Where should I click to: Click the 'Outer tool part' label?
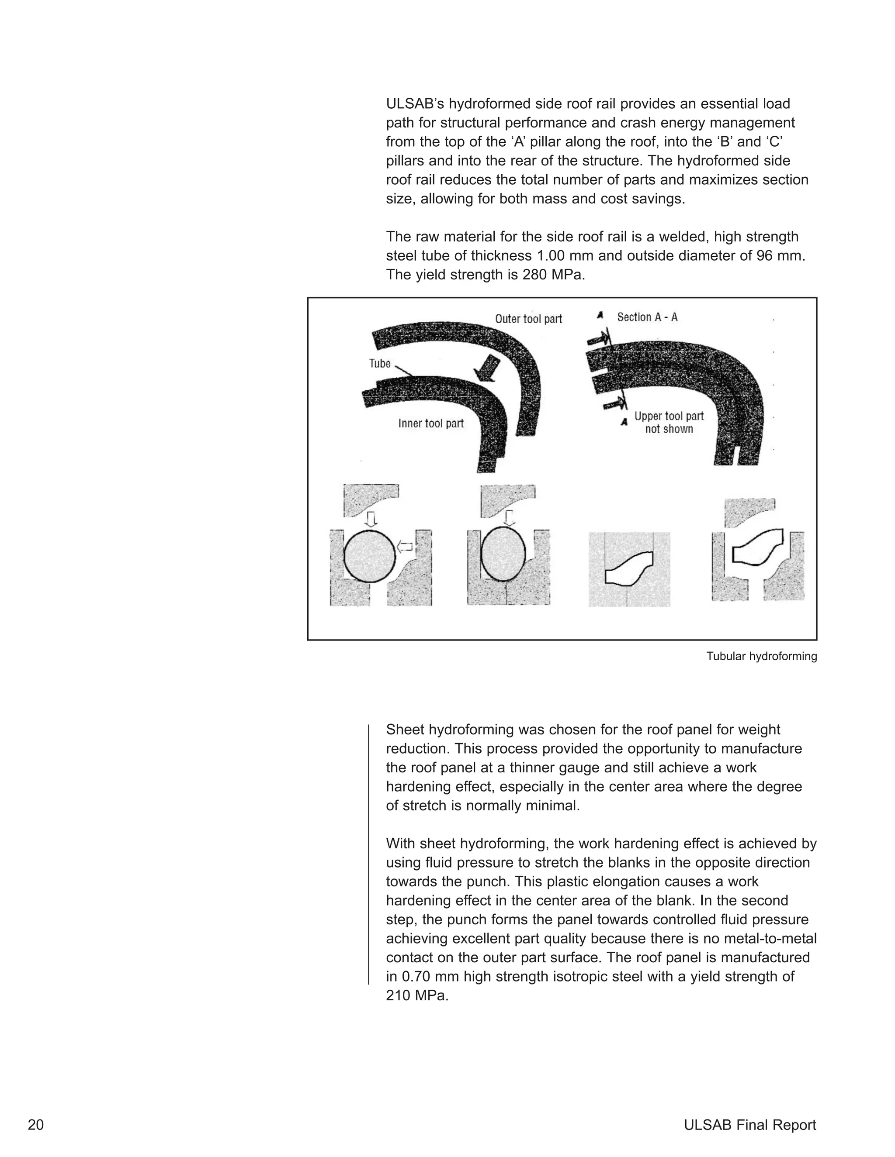click(x=528, y=319)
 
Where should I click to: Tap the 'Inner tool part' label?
click(x=430, y=423)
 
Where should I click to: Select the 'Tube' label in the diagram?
click(x=380, y=363)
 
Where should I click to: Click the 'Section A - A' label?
click(x=647, y=317)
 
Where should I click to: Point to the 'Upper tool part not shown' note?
click(x=669, y=423)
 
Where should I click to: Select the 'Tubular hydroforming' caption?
click(x=761, y=656)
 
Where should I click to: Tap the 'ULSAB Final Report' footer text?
click(x=750, y=1125)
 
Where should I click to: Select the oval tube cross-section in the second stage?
click(x=503, y=554)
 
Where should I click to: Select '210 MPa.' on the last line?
click(x=417, y=995)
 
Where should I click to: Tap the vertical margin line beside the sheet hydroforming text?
click(x=368, y=853)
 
